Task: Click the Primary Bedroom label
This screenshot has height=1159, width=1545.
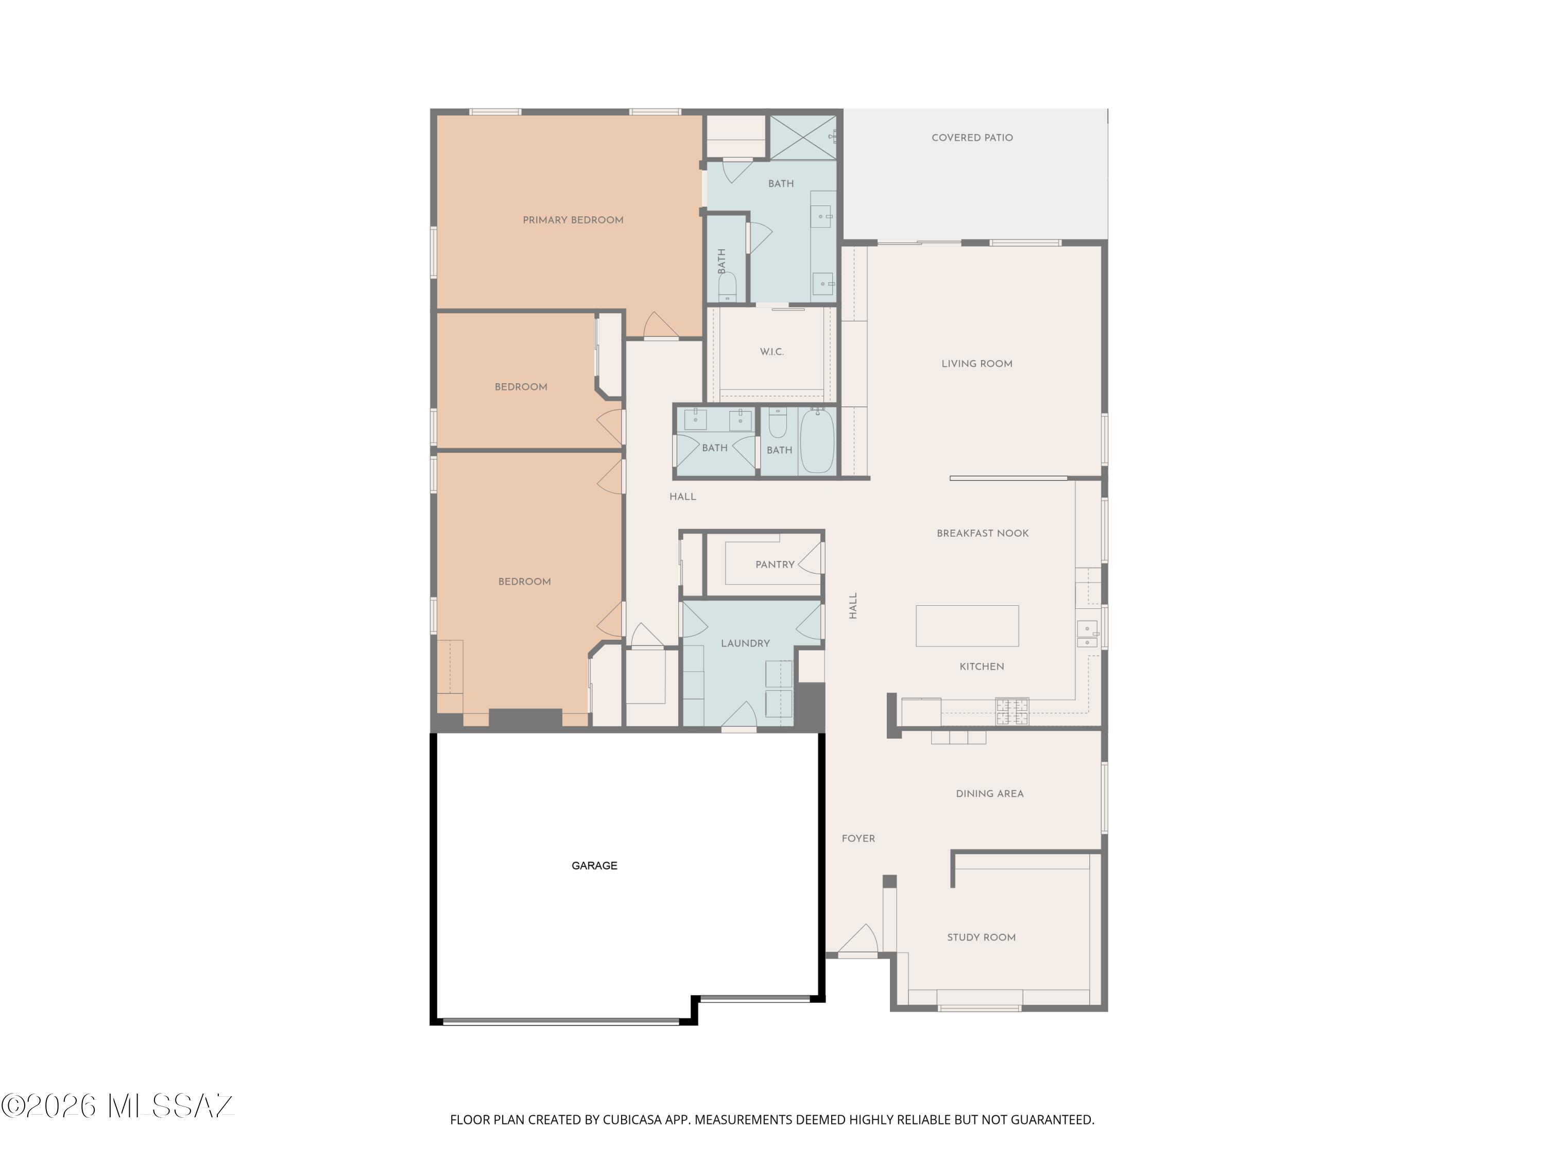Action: (x=573, y=220)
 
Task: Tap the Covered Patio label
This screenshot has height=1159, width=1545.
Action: (x=972, y=138)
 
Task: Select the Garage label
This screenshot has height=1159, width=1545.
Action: (x=594, y=865)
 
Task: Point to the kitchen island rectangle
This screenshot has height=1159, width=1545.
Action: (x=967, y=626)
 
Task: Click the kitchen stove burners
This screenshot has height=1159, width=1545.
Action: (x=1012, y=711)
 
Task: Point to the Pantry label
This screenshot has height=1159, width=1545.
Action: (x=775, y=565)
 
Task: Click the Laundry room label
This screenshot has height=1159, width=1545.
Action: (x=745, y=643)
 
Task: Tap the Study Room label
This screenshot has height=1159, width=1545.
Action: (x=982, y=938)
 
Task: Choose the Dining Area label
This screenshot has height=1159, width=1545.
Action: (x=990, y=794)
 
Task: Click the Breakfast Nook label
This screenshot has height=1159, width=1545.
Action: (x=983, y=533)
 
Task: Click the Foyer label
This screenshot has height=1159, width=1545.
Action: (x=859, y=838)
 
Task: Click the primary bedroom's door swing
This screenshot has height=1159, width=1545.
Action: (x=661, y=325)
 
